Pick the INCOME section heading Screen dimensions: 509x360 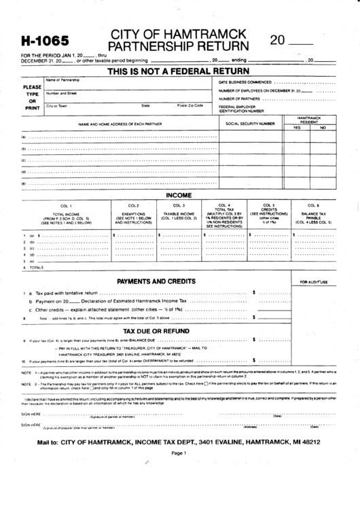pyautogui.click(x=179, y=195)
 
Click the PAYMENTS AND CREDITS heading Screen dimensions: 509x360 pyautogui.click(x=151, y=281)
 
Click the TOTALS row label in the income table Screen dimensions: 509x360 pyautogui.click(x=35, y=268)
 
